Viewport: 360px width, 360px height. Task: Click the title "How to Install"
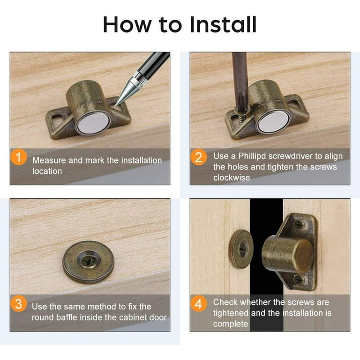coord(180,24)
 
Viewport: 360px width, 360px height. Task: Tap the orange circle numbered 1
coord(19,157)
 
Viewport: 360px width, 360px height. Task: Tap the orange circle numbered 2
coord(198,157)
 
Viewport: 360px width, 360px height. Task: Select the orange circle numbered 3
coord(19,304)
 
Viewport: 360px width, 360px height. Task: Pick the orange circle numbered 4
coord(198,304)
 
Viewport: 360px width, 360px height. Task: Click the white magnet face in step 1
coord(92,123)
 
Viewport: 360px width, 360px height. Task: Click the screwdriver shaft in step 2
coord(240,75)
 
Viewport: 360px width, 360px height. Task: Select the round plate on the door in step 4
coord(240,249)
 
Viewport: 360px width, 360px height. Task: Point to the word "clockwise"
coord(232,178)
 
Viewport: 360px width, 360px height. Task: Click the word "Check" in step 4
coord(225,302)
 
